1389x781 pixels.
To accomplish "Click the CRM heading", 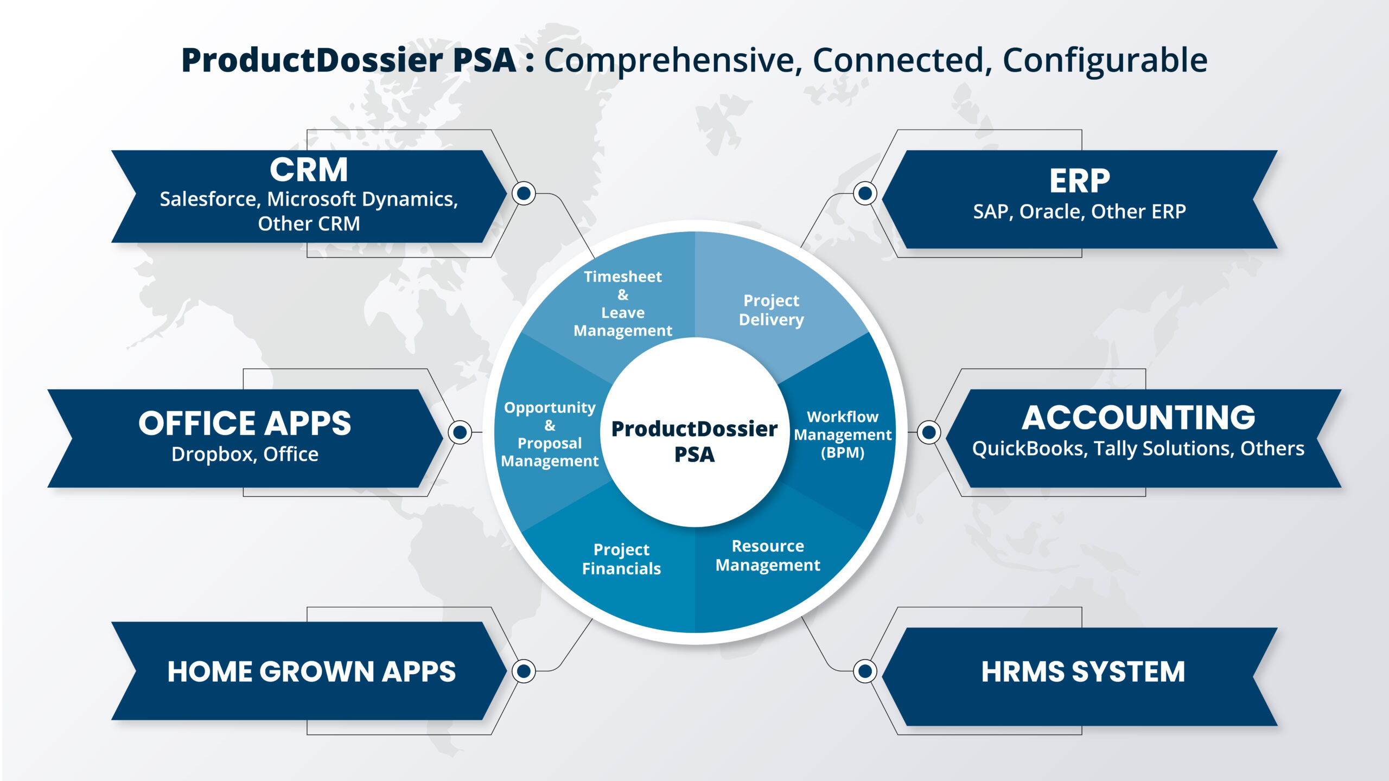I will coord(309,170).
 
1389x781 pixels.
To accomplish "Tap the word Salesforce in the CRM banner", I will coord(208,199).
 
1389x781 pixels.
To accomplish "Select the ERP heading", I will coord(1079,181).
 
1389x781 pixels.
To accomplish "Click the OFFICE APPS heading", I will coord(245,423).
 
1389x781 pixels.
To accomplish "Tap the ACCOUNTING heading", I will coord(1138,418).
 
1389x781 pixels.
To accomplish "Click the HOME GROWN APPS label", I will coord(311,671).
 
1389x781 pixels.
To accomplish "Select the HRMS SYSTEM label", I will coord(1083,671).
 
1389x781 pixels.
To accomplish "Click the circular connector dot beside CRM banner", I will coord(524,193).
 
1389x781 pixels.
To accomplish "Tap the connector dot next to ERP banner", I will coord(865,193).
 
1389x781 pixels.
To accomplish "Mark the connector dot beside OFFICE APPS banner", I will coord(460,432).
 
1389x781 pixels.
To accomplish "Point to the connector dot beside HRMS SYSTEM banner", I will coord(865,671).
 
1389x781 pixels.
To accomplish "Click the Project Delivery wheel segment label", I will coord(771,310).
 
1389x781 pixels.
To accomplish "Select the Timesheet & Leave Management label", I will coord(623,303).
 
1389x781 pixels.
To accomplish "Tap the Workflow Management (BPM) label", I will coord(842,434).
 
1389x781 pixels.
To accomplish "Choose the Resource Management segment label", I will coord(768,555).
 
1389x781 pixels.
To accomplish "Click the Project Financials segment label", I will coord(621,559).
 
